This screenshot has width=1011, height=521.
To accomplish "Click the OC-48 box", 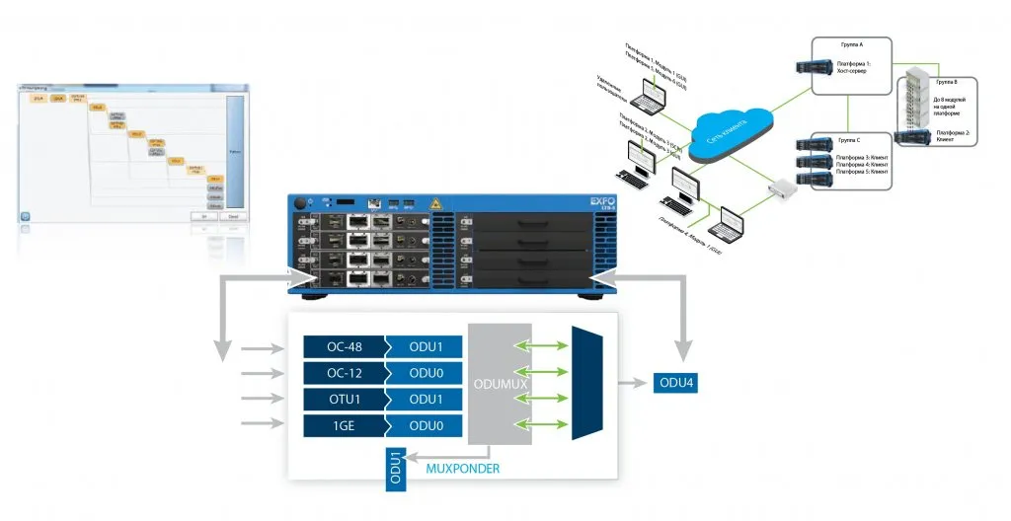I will point(344,347).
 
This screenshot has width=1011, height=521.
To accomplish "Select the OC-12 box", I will point(344,373).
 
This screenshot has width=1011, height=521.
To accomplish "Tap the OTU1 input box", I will point(344,399).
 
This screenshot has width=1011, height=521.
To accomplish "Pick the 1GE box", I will point(344,424).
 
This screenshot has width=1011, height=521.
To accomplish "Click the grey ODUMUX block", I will point(500,384).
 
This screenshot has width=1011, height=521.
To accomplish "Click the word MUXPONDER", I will point(463,469).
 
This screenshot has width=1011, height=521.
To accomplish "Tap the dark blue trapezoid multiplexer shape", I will point(586,384).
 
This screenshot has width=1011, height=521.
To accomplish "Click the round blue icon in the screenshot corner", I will point(26,214).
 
